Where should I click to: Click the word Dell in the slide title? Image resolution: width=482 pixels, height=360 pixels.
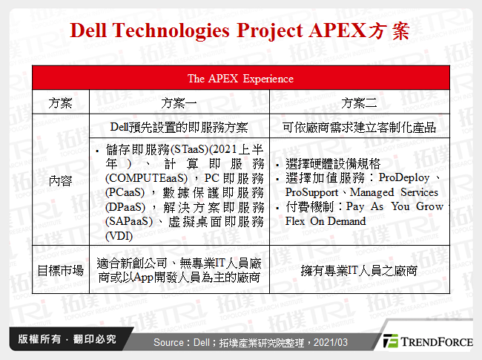coord(93,31)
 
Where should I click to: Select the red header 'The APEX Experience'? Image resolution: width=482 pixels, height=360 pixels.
coord(240,78)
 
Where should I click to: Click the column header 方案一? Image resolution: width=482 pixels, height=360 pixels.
coord(178,102)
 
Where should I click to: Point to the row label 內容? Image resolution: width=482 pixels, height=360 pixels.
coord(60,180)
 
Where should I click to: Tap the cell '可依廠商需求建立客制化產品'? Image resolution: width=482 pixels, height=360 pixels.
coord(360,127)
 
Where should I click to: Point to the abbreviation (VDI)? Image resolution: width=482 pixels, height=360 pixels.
coord(120,236)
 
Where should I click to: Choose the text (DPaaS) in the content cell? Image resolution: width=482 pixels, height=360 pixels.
coord(125,207)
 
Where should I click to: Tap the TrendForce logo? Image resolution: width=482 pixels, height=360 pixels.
coord(426,341)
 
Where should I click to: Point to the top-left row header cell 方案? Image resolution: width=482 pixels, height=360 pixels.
coord(60,102)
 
